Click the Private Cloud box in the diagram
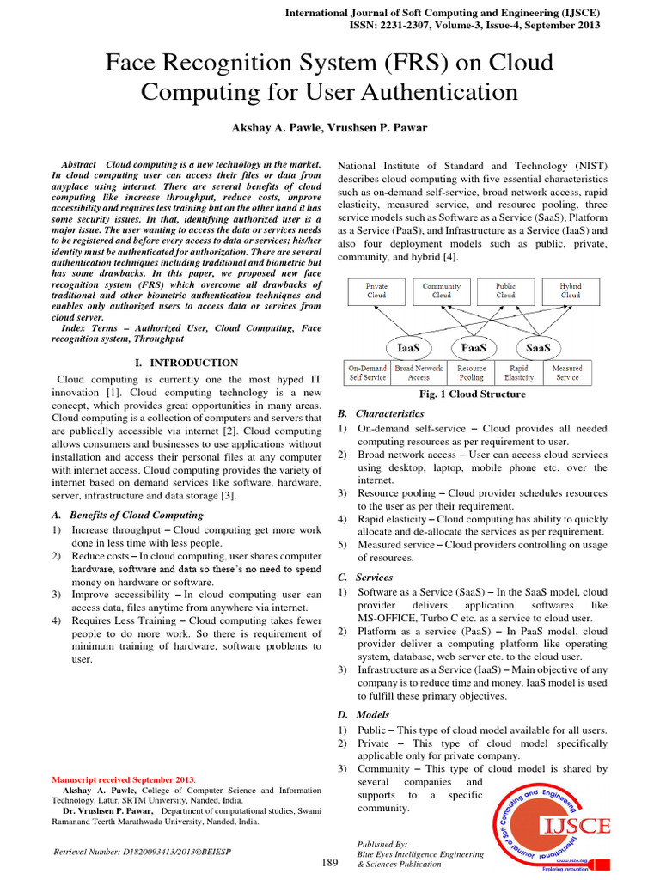tap(376, 290)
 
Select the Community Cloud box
tap(441, 290)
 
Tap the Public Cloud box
tap(505, 290)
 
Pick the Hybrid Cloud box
tap(571, 290)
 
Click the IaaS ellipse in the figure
tap(407, 348)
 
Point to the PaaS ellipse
tap(474, 348)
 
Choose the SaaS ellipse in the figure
tap(539, 348)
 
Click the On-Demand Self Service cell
tap(368, 372)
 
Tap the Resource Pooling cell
tap(471, 372)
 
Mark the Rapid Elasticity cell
tap(519, 372)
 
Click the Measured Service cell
tap(567, 372)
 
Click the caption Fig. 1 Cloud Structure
tap(472, 394)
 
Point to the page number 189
tap(329, 862)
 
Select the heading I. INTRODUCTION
tap(186, 364)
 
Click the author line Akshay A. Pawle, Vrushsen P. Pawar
tap(329, 128)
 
